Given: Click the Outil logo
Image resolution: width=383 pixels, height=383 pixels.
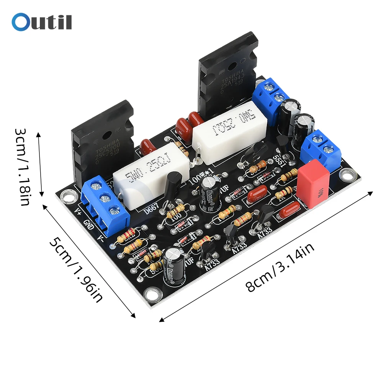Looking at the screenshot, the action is click(42, 22).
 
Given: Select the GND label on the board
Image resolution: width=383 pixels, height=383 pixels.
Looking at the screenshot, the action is click(88, 227).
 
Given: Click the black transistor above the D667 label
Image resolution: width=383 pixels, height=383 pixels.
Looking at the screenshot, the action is click(173, 187).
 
